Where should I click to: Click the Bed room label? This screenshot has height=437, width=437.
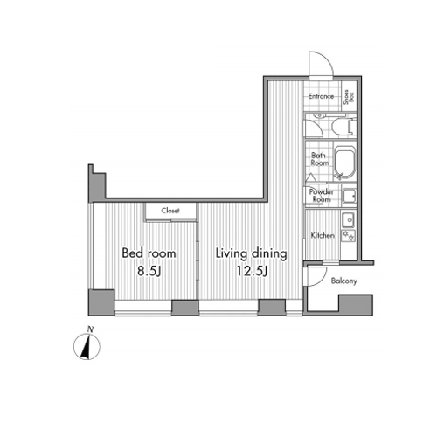[149, 253]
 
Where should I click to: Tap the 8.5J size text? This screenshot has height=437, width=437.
[149, 271]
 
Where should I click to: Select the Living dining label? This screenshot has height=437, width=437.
[252, 253]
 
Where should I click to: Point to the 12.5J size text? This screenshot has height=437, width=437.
[252, 271]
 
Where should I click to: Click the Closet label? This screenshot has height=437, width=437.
[170, 211]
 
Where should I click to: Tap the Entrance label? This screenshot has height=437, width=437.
[322, 96]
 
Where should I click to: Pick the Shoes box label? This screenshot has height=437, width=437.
[349, 97]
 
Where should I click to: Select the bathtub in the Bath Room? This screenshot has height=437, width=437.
[345, 163]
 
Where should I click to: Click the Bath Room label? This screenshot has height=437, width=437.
[320, 159]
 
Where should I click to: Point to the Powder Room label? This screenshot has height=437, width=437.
[322, 196]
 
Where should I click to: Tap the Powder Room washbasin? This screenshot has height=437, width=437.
[349, 196]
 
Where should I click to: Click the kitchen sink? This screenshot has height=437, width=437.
[349, 220]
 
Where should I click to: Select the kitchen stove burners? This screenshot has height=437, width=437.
[349, 236]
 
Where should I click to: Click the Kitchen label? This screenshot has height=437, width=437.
[323, 235]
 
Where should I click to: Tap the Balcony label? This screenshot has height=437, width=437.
[344, 281]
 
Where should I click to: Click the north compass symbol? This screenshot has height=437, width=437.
[87, 347]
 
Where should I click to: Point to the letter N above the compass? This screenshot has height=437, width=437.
[91, 329]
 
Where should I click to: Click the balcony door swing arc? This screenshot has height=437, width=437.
[321, 279]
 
